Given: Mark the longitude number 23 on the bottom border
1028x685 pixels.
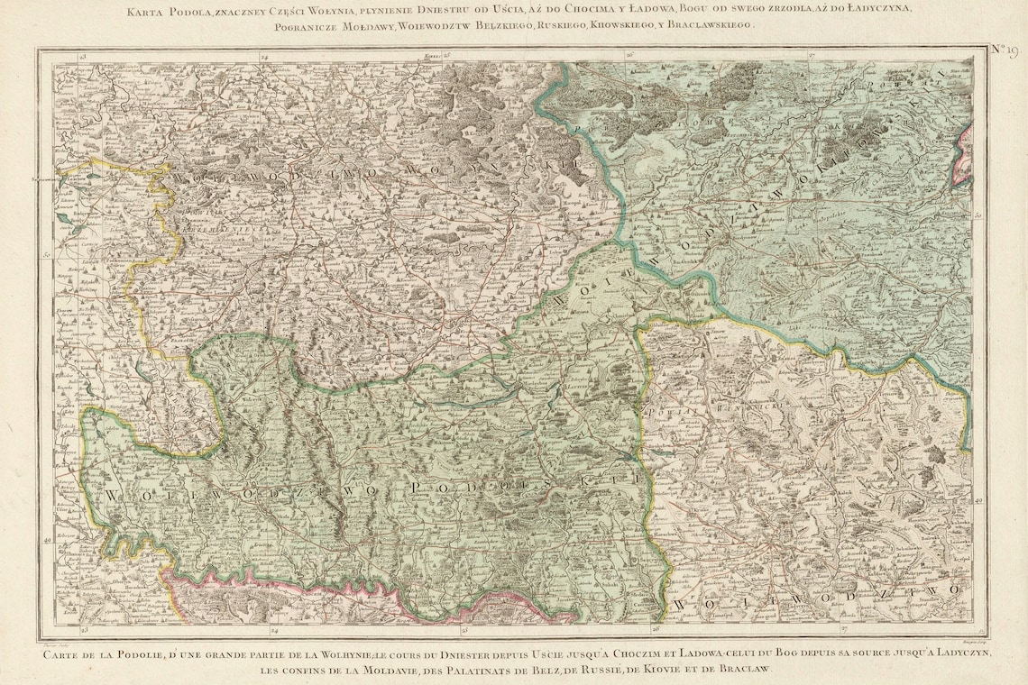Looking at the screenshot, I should click(x=84, y=629).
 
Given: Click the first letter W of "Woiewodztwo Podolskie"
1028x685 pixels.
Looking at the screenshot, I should click(x=111, y=495).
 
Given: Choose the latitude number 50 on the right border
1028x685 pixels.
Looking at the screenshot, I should click(x=980, y=215).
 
